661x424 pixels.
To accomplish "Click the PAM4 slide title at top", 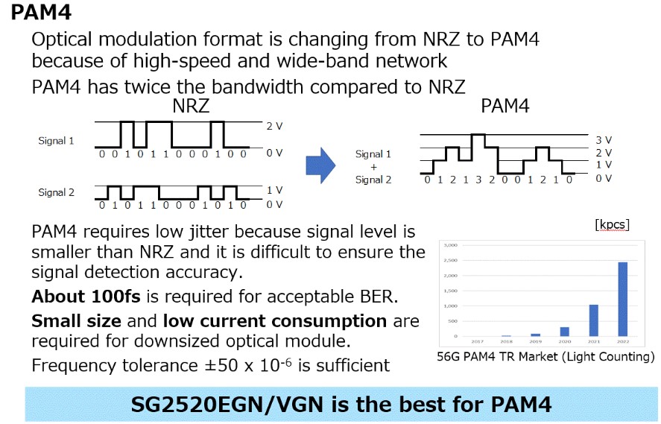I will coord(42,13).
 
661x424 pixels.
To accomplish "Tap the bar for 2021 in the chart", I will coord(594,320).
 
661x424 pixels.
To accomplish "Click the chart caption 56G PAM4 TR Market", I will coord(545,357).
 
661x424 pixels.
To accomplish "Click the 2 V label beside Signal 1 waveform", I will coord(274,126).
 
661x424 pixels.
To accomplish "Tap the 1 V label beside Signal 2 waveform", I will coord(274,191).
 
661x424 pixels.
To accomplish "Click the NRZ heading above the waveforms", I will coord(191,106).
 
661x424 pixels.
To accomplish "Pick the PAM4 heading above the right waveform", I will coord(505,106).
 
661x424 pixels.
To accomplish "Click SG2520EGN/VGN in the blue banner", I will coord(230,405).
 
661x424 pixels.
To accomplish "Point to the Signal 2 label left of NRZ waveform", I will coord(57,192).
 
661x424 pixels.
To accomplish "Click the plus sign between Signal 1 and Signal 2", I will coord(373,167).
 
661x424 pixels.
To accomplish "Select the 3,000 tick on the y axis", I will coord(449,244).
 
